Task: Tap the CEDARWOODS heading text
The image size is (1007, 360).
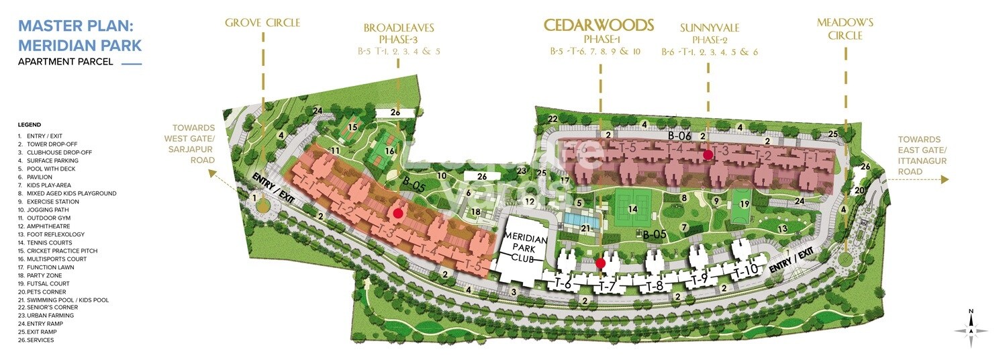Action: pos(599,26)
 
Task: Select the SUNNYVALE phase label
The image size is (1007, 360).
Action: pos(709,28)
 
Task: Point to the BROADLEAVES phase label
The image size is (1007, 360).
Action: pos(399,28)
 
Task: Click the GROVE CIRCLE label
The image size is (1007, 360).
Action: pos(262,23)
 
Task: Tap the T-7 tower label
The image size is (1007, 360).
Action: pos(607,287)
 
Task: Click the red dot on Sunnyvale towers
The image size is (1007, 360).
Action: pos(708,154)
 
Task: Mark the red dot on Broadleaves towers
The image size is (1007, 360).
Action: pos(397,213)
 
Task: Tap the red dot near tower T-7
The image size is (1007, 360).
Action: pos(601,263)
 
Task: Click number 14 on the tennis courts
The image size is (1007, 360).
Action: pos(632,209)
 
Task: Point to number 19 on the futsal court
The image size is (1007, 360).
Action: pos(744,204)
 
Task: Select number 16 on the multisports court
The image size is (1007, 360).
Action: pos(389,152)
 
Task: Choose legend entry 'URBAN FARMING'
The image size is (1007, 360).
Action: pos(46,316)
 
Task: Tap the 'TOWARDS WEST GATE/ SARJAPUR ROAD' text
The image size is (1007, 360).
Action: pos(193,144)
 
